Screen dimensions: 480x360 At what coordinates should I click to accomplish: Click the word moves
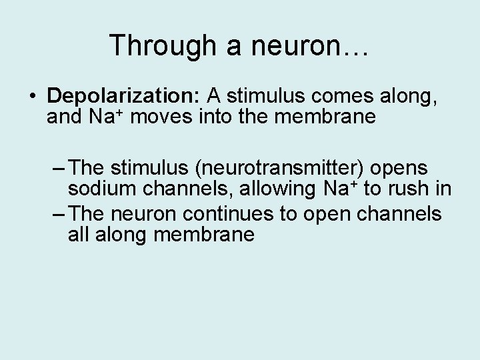164,117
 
